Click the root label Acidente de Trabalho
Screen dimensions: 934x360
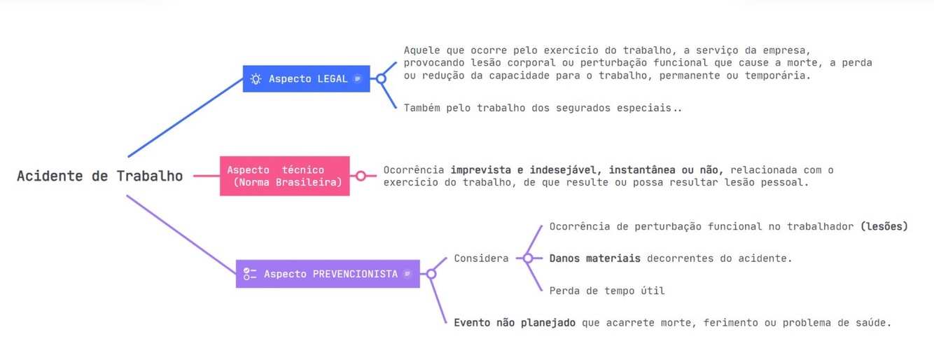click(x=99, y=176)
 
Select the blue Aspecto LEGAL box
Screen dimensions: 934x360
click(x=307, y=79)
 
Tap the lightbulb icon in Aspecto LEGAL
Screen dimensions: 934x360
click(x=256, y=79)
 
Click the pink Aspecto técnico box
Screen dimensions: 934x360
click(x=284, y=176)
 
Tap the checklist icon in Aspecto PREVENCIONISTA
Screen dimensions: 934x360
click(x=250, y=274)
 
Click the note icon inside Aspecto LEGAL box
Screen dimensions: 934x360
click(x=358, y=79)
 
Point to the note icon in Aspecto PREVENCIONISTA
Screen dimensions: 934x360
click(x=407, y=274)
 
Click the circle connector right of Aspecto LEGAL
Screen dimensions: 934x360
click(x=381, y=79)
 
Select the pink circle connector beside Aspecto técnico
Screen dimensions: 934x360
click(x=361, y=176)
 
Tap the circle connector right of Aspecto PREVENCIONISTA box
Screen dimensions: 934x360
click(x=431, y=274)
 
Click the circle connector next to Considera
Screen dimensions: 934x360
click(x=528, y=258)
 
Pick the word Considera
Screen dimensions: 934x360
click(x=481, y=258)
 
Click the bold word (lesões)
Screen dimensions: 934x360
click(x=884, y=226)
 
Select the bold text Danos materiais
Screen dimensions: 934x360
click(x=594, y=258)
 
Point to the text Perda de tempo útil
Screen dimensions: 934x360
click(x=606, y=291)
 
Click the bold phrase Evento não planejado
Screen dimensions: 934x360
click(x=515, y=323)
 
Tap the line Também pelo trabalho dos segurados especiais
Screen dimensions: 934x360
click(x=542, y=108)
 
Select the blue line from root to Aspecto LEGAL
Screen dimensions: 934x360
click(x=186, y=118)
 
